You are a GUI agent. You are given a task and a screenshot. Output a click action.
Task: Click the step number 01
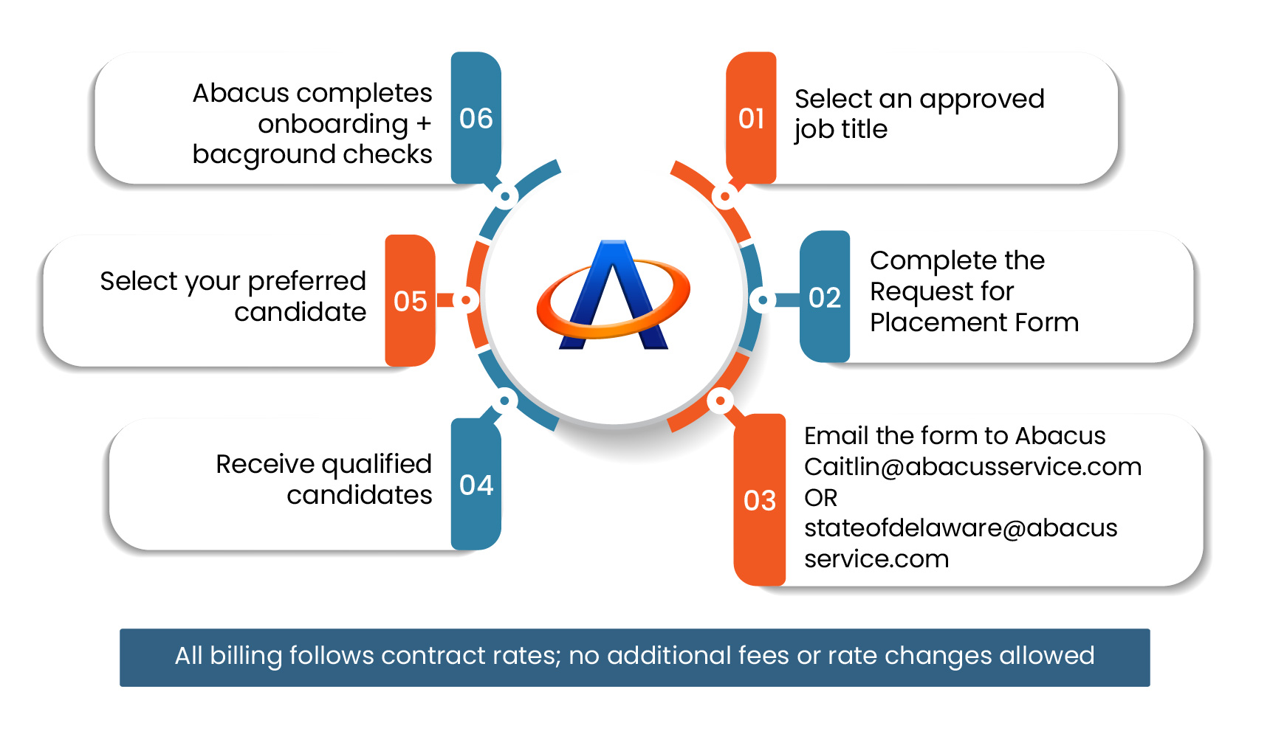(x=751, y=119)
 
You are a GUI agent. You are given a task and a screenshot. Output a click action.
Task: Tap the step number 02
(x=825, y=298)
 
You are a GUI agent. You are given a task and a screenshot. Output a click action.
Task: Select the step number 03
(x=759, y=501)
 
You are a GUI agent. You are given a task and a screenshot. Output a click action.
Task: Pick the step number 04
(x=476, y=485)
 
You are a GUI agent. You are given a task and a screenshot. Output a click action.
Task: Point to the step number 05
(x=411, y=302)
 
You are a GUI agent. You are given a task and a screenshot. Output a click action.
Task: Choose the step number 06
(x=476, y=119)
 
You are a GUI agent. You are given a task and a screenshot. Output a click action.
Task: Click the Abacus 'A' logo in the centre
(x=613, y=296)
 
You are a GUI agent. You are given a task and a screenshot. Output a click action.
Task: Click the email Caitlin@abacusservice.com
(x=972, y=467)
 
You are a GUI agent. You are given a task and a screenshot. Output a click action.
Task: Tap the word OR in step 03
(x=820, y=498)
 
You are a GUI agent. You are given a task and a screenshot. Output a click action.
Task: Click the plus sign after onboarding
(x=423, y=124)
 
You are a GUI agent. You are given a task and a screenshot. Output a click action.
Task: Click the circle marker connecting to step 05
(x=466, y=300)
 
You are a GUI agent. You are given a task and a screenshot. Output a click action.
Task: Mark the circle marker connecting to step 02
(x=763, y=300)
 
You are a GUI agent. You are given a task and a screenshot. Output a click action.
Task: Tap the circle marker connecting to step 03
(x=719, y=401)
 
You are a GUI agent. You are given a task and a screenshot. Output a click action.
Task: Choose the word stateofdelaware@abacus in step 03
(x=960, y=528)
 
